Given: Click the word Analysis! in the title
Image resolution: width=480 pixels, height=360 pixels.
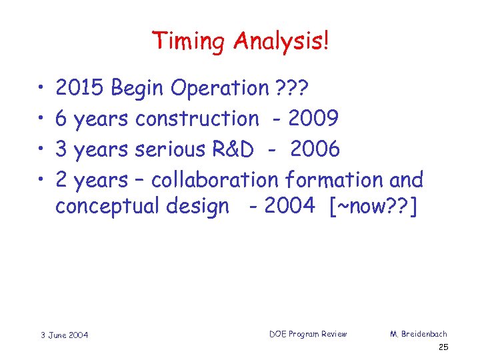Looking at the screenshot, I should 281,42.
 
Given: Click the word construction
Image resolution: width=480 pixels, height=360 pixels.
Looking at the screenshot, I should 197,119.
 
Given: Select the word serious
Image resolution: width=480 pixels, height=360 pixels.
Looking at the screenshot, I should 170,149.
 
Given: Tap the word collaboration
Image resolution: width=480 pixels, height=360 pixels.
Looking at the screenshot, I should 215,180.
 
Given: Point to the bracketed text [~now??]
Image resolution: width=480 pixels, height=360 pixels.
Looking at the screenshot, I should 373,207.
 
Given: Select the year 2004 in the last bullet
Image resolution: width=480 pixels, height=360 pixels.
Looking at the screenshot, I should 289,207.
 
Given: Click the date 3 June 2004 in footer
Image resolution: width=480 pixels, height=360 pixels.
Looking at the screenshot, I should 63,334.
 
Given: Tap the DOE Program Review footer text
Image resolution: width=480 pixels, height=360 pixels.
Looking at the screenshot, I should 308,333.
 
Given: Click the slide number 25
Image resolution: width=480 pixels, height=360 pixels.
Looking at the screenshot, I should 444,348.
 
